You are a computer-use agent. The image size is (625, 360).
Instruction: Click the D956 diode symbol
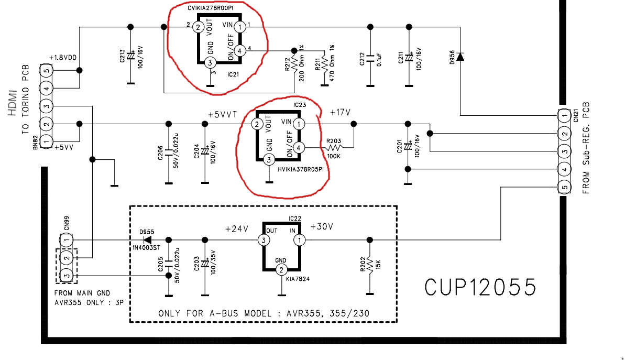(460, 57)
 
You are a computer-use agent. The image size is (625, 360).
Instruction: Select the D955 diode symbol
(148, 240)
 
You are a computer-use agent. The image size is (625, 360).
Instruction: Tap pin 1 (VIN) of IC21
(239, 27)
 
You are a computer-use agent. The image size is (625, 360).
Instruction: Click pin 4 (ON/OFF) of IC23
(299, 148)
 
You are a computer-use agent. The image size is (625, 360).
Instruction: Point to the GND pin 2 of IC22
(281, 270)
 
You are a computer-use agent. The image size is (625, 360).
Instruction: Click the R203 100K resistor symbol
(334, 147)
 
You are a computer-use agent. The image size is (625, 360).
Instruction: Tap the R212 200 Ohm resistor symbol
(294, 64)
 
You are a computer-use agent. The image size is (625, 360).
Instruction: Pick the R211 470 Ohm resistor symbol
(325, 64)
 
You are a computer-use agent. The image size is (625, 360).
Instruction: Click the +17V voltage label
(340, 113)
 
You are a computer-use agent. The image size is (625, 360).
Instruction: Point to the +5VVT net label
(223, 115)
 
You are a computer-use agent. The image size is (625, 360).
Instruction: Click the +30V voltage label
(322, 226)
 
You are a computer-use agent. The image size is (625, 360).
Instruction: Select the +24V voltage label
(237, 229)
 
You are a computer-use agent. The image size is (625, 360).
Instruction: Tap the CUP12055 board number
(480, 288)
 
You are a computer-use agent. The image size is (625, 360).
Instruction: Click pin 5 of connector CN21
(564, 187)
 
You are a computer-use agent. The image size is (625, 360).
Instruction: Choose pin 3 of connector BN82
(46, 106)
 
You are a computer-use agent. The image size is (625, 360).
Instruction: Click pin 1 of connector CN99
(66, 240)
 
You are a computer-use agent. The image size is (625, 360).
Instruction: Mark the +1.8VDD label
(62, 58)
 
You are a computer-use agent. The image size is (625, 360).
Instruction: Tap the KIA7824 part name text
(298, 279)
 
